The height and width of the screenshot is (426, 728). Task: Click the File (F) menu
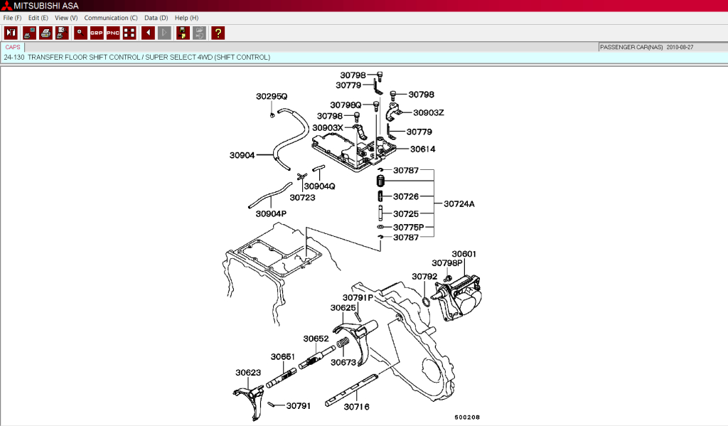tap(12, 17)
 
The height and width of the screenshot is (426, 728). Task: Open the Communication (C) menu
tap(111, 17)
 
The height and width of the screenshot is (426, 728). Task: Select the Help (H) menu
tap(186, 17)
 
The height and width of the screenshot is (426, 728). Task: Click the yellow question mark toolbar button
tap(218, 33)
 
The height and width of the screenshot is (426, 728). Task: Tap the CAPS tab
tap(13, 47)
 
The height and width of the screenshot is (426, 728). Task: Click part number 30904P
tap(271, 213)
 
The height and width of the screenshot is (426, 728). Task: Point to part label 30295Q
tap(272, 96)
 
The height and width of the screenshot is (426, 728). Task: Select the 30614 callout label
tap(422, 149)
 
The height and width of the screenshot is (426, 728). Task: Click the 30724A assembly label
tap(459, 204)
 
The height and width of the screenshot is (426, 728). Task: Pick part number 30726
tap(406, 196)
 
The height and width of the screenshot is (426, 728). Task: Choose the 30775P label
tap(408, 228)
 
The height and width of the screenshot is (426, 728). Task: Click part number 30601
tap(464, 254)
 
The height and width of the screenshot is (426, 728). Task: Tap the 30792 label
tap(424, 277)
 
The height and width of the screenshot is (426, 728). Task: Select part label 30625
tap(343, 308)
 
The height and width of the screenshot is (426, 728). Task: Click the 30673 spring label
tap(343, 362)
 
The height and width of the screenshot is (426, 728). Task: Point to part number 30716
tap(356, 408)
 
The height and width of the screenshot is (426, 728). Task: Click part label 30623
tap(248, 372)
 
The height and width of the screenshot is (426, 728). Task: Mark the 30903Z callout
tap(428, 112)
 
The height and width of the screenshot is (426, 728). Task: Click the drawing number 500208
tap(467, 417)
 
